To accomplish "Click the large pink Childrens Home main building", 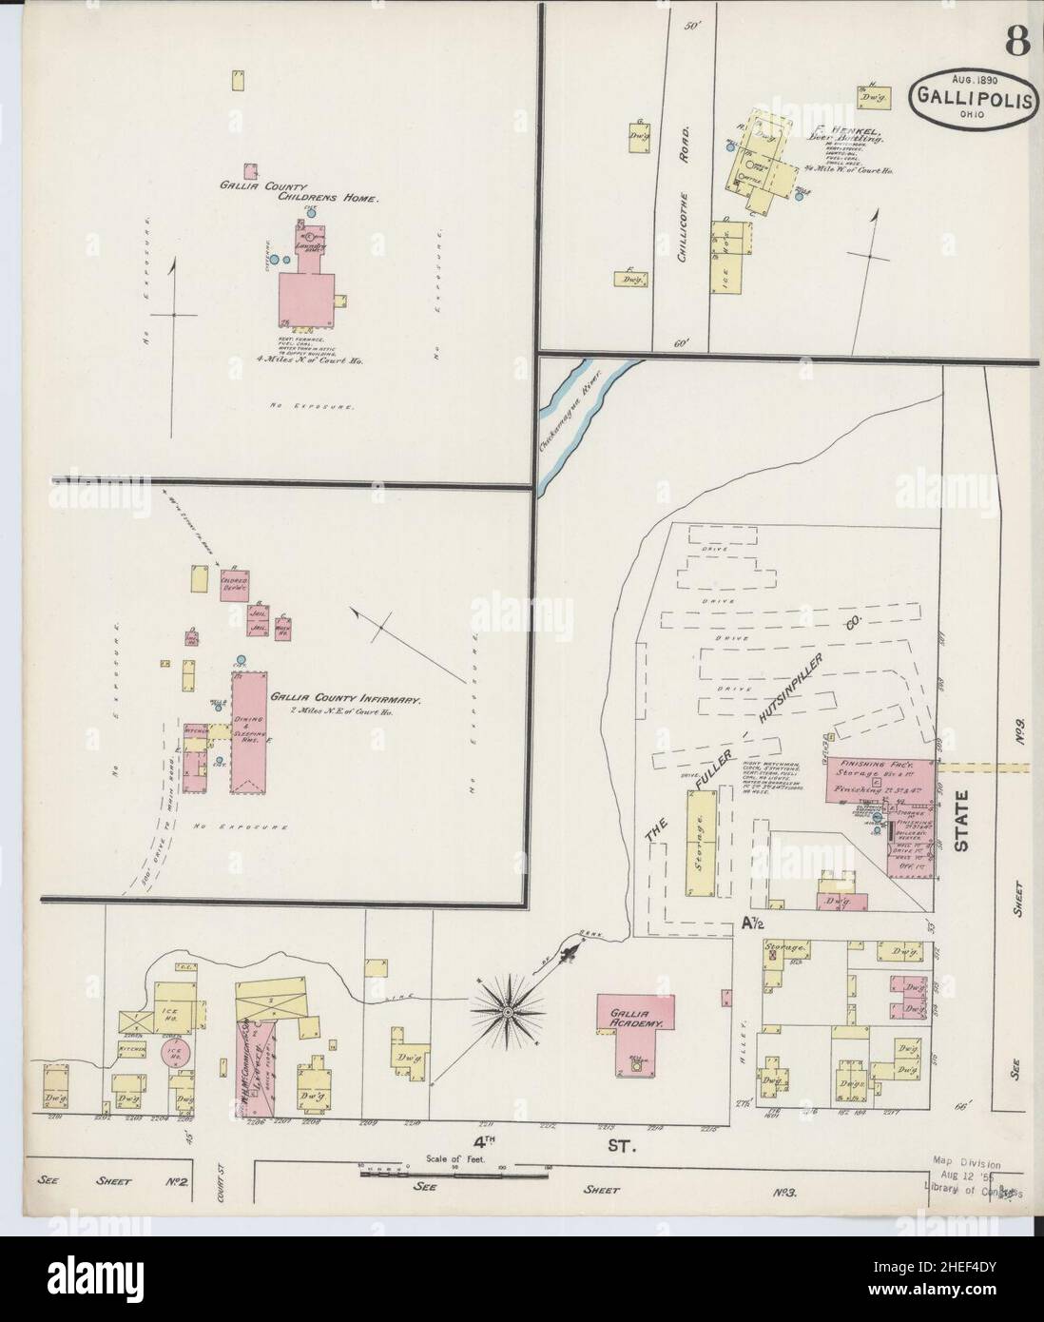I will tap(306, 301).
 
